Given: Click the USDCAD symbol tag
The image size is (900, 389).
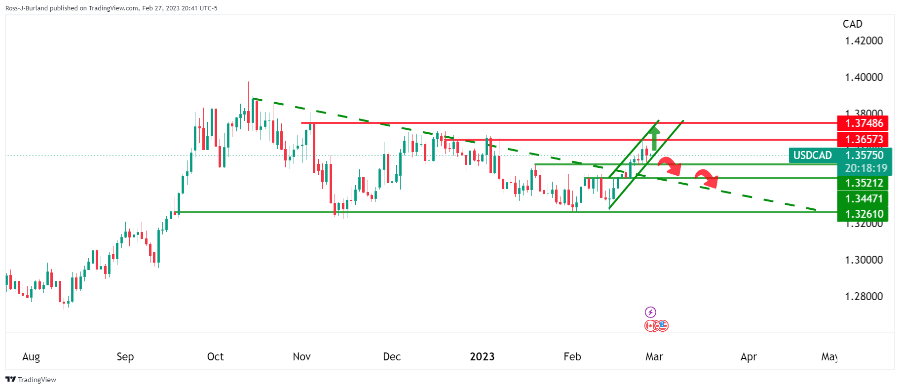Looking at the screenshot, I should click(812, 156).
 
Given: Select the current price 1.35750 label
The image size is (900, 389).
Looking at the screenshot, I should click(864, 156).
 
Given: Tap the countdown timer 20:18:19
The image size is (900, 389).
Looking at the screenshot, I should click(866, 168).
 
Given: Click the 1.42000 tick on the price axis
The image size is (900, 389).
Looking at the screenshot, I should click(863, 41).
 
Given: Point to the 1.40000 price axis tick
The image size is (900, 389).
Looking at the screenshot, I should click(863, 78).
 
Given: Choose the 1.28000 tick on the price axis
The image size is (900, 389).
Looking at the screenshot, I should click(863, 297).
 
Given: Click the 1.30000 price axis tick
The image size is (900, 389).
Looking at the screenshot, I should click(863, 260).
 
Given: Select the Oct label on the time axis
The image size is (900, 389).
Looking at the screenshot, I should click(215, 357).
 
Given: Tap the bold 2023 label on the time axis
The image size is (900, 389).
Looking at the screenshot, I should click(482, 357).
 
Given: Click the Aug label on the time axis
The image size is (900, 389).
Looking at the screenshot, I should click(31, 357).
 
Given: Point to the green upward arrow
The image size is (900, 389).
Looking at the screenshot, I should click(654, 138).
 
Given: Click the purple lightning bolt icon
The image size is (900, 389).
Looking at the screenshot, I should click(650, 312).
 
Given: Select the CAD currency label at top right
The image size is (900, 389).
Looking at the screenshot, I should click(852, 24).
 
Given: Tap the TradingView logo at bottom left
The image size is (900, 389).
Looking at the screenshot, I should click(31, 380).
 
